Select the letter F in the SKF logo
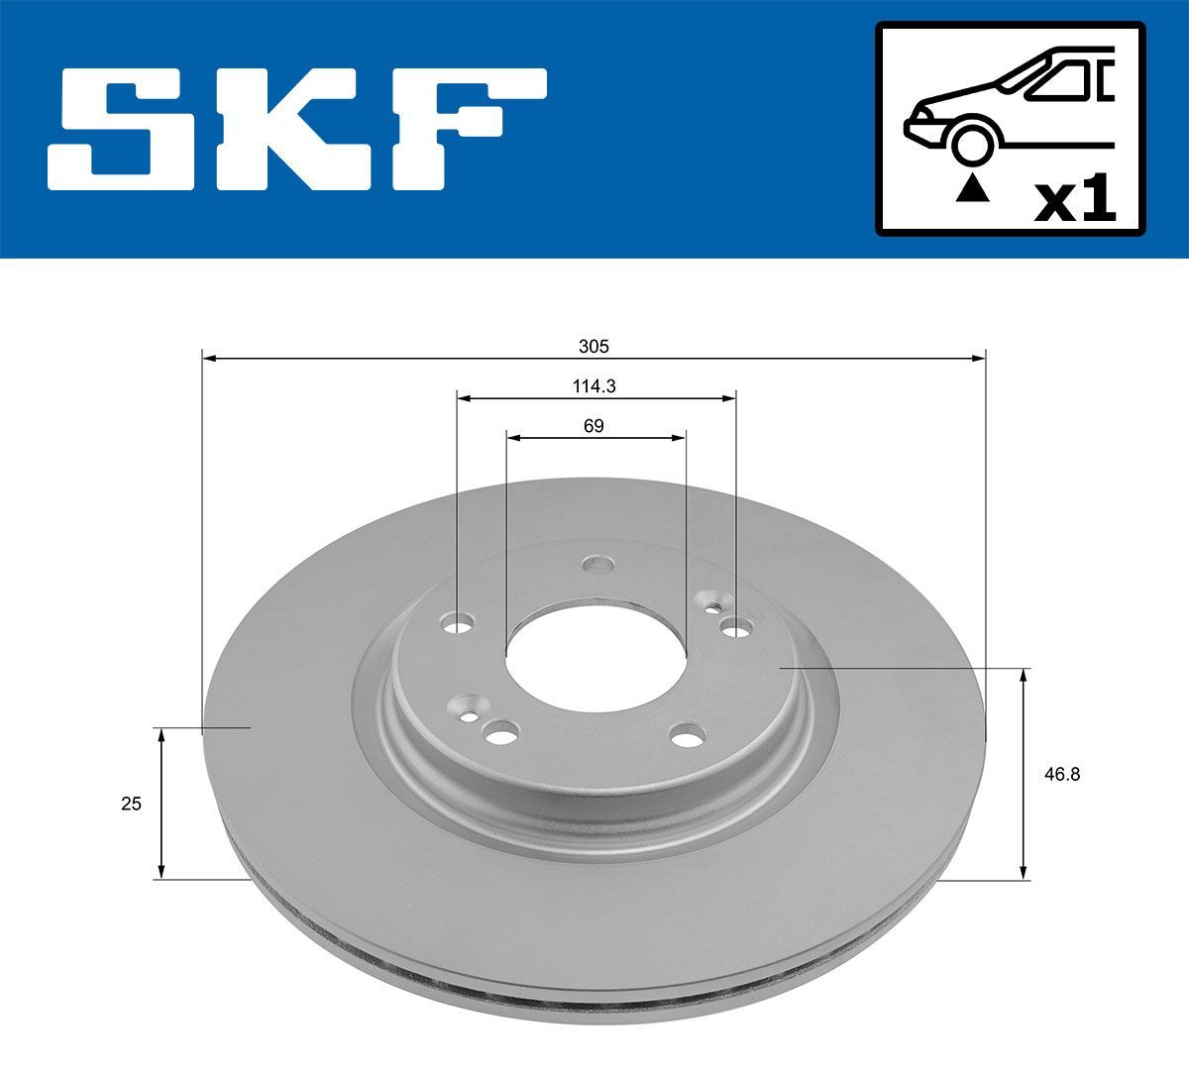point(466,129)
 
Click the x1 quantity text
point(1074,201)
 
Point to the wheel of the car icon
point(972,143)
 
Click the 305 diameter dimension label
point(594,347)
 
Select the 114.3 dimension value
point(594,386)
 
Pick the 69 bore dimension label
point(594,426)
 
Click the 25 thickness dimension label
point(131,804)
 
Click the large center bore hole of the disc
point(595,654)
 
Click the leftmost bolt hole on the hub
point(458,624)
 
